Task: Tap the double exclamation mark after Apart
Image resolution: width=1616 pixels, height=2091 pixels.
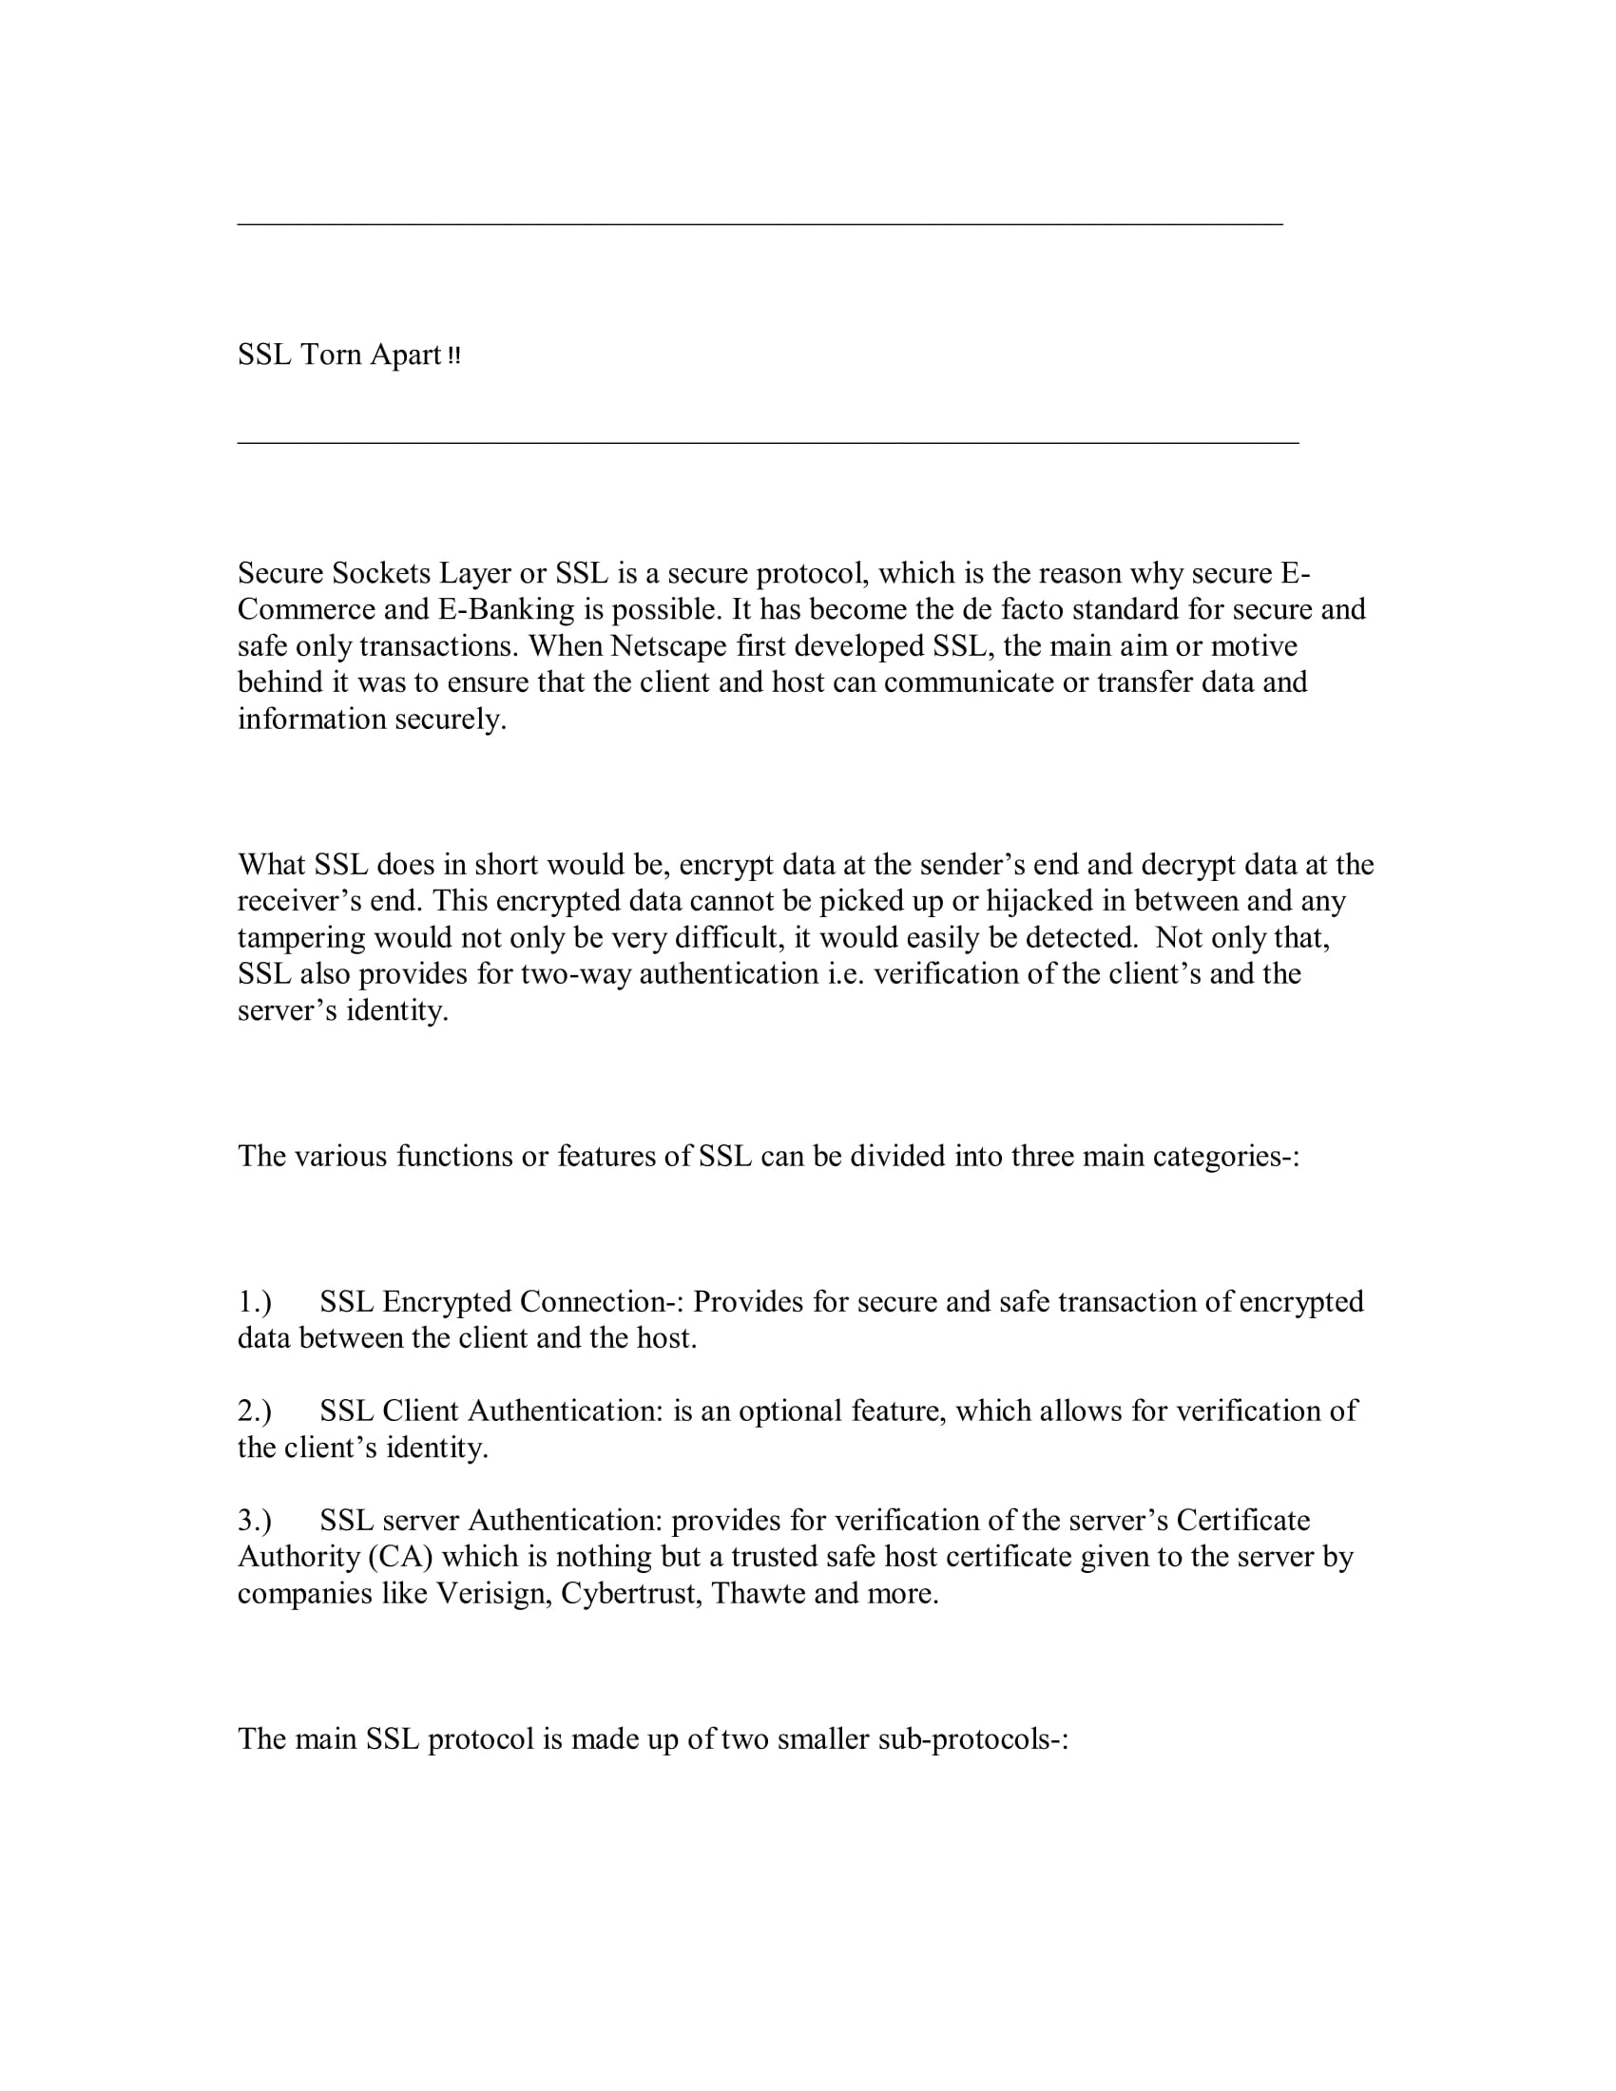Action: coord(453,356)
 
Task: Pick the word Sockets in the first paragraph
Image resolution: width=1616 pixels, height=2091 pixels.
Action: coord(381,573)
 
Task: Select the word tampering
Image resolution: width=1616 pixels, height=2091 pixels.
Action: coord(300,938)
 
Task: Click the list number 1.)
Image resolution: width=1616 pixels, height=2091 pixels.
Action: coord(255,1302)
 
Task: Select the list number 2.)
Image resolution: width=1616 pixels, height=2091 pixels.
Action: coord(255,1411)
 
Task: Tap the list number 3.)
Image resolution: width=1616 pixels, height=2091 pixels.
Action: coord(255,1521)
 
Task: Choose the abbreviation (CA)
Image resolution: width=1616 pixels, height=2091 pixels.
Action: coord(400,1557)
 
